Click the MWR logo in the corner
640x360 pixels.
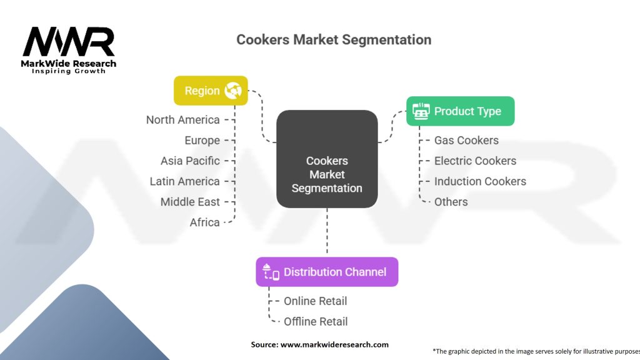tap(69, 50)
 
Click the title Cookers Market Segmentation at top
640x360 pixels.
tap(334, 39)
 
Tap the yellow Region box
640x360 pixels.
tap(211, 91)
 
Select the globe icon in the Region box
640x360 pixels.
tap(233, 91)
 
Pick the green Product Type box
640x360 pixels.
tap(461, 111)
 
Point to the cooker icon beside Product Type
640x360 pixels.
tap(421, 111)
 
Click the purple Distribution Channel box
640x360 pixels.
tap(327, 272)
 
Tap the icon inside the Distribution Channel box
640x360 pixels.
tap(271, 272)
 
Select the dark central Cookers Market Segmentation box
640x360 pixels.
tap(327, 159)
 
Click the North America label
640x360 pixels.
tap(183, 120)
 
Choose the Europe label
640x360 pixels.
tap(202, 141)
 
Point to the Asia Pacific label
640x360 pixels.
tap(190, 161)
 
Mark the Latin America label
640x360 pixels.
tap(184, 181)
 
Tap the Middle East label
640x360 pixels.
tap(190, 202)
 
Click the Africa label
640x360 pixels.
tap(204, 222)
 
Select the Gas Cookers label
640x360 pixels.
tap(466, 141)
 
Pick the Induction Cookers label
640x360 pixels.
tap(481, 181)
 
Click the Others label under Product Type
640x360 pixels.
tap(451, 202)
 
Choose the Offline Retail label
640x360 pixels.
tap(316, 322)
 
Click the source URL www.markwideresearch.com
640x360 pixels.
tap(335, 344)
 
